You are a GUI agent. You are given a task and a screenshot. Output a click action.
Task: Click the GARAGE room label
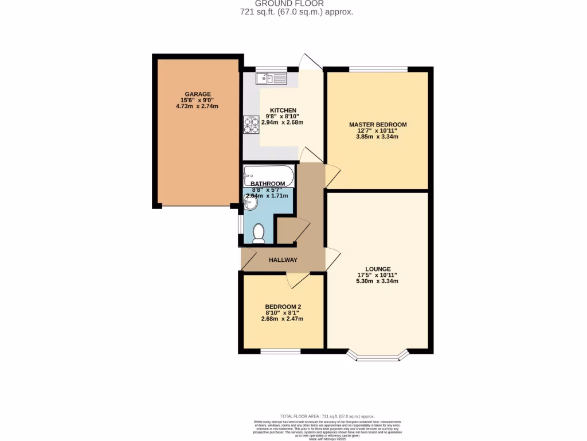click(198, 94)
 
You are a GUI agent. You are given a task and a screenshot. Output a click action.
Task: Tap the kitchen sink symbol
click(271, 78)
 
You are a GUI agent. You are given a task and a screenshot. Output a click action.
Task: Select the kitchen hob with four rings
click(252, 125)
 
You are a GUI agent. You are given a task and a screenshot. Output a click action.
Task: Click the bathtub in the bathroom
click(268, 175)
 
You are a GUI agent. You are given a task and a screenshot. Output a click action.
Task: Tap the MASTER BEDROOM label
click(378, 125)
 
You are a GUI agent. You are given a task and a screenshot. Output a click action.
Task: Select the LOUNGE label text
click(378, 269)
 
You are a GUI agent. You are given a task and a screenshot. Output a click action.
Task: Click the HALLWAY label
click(283, 260)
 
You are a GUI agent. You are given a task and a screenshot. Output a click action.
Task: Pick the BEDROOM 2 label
click(282, 307)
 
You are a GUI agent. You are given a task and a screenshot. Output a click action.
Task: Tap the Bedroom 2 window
click(280, 351)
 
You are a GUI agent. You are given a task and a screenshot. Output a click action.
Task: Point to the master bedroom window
click(378, 69)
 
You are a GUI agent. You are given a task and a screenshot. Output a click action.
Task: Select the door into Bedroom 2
click(297, 280)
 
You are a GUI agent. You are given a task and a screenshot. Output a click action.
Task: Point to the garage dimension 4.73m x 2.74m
click(198, 106)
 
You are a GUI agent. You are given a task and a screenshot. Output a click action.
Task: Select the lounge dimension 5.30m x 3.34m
click(378, 281)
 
